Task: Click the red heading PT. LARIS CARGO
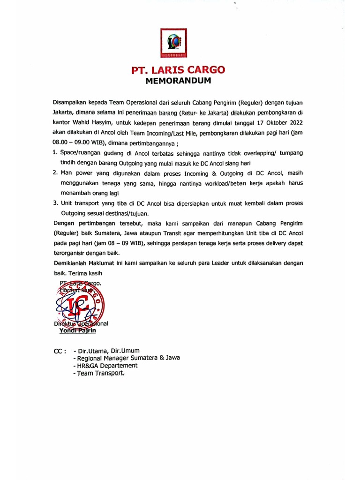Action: pos(179,70)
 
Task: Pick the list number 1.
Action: pos(54,153)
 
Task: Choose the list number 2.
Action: pos(54,173)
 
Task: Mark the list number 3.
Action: pos(54,203)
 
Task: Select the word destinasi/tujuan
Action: pos(127,213)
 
